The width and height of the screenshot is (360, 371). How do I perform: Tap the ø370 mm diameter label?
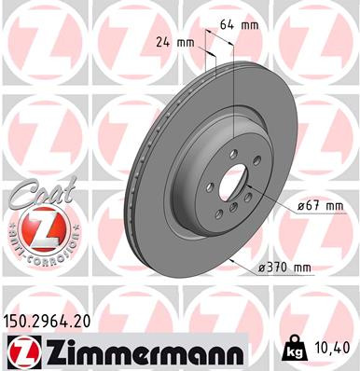284,268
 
